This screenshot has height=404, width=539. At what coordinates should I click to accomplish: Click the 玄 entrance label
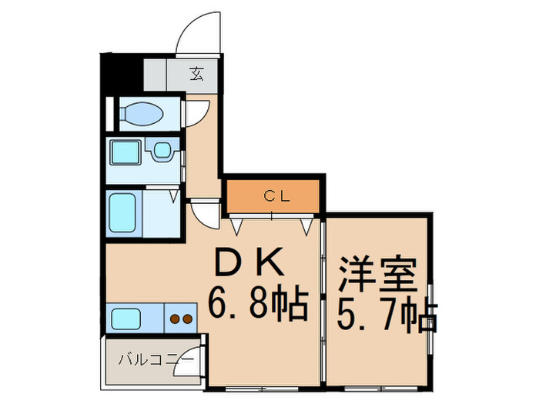pyautogui.click(x=197, y=75)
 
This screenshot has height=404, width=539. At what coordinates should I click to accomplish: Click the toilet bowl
pyautogui.click(x=142, y=115)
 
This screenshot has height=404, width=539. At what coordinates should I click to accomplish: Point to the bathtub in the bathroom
pyautogui.click(x=124, y=212)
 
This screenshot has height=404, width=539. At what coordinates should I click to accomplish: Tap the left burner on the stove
pyautogui.click(x=175, y=317)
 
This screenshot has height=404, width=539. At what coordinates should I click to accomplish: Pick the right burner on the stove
pyautogui.click(x=187, y=317)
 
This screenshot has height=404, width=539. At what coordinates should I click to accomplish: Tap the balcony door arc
pyautogui.click(x=187, y=363)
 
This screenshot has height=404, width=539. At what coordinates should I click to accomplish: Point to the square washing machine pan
pyautogui.click(x=124, y=153)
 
